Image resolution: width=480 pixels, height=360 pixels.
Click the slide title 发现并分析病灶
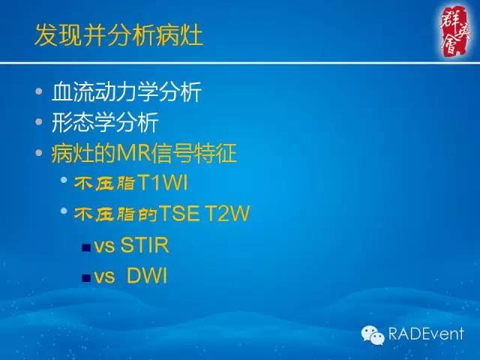coord(118,35)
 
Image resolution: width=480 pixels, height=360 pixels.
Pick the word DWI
coord(146,276)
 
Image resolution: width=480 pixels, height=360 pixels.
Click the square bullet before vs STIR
coord(86,247)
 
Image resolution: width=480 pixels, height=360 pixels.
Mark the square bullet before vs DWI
coord(86,277)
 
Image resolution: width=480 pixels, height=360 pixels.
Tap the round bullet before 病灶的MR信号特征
coord(40,154)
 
